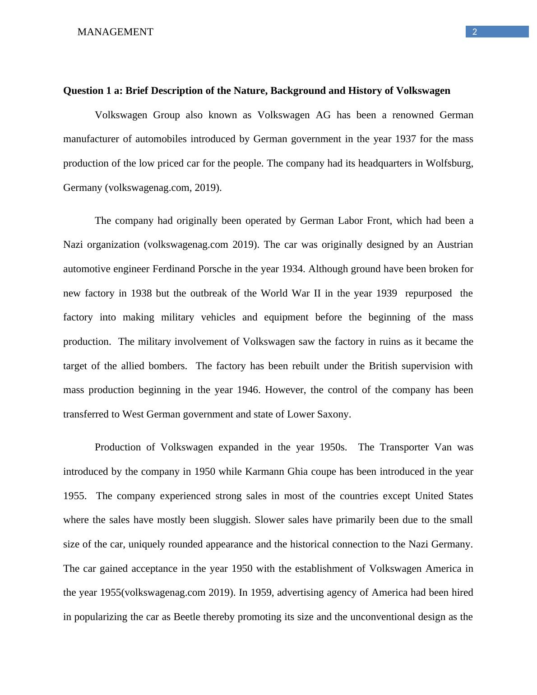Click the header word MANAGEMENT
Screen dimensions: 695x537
tap(115, 32)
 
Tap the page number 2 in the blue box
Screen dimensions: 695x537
tap(474, 32)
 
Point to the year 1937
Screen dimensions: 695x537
tap(406, 139)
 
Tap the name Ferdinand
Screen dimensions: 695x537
tap(174, 269)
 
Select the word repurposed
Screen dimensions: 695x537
tap(428, 293)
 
